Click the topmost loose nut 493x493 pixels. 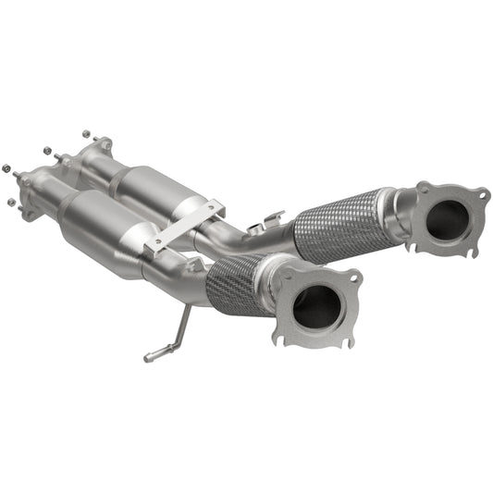86,132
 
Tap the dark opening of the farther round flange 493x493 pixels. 448,219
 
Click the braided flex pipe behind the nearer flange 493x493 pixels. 236,283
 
